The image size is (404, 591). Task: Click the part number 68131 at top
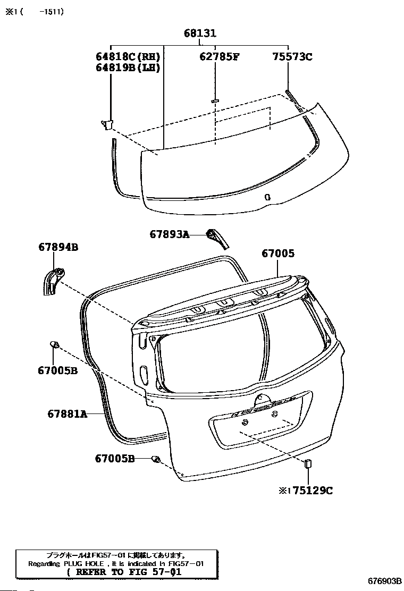(200, 33)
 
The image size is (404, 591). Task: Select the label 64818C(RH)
(128, 56)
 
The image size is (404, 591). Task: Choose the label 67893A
(169, 234)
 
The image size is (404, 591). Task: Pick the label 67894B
(58, 247)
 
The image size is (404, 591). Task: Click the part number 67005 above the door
(277, 254)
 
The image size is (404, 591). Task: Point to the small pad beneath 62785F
(215, 100)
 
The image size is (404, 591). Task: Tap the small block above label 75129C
(307, 463)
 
